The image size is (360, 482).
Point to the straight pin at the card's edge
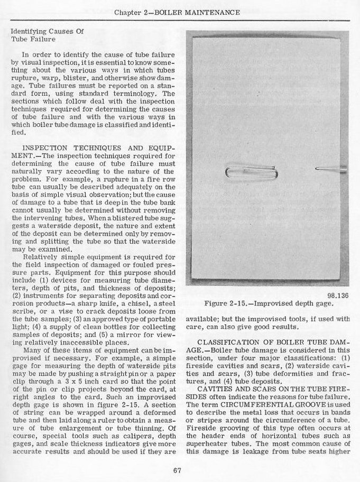point(330,169)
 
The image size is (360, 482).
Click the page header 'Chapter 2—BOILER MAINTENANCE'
point(180,11)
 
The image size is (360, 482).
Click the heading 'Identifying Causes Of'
point(47,32)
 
